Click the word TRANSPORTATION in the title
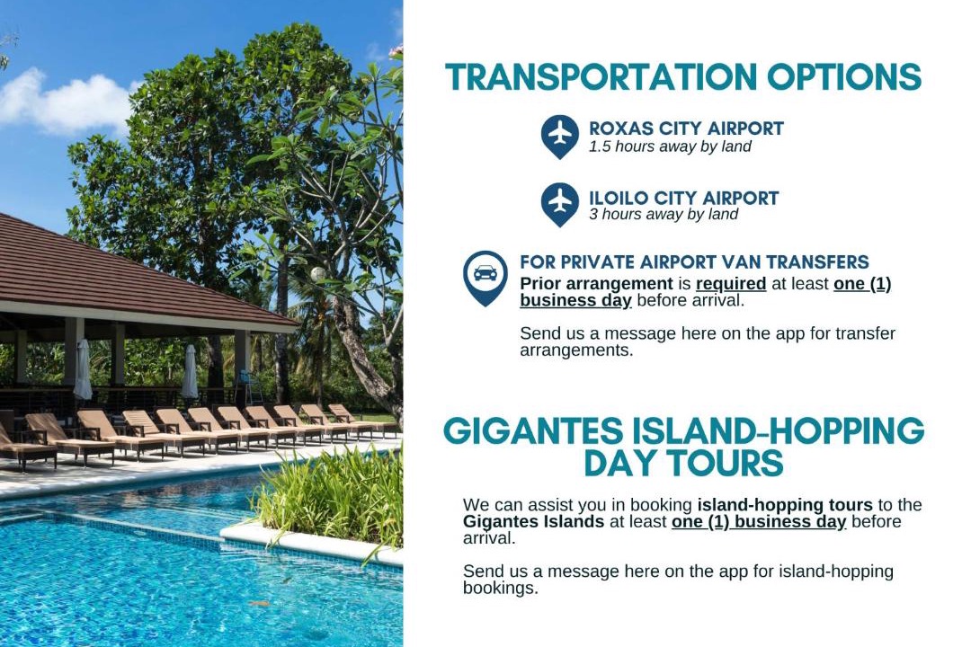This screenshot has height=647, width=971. tap(601, 76)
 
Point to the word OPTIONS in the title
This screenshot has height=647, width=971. tap(844, 76)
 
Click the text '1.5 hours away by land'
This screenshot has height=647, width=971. tap(670, 146)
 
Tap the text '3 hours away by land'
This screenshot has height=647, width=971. tap(664, 214)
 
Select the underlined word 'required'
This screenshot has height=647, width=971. tap(731, 284)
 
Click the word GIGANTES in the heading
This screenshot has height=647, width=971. tap(533, 430)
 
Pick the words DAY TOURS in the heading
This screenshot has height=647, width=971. tap(683, 463)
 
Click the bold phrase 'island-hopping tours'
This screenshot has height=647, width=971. tap(785, 505)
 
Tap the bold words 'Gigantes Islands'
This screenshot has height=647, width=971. tap(533, 521)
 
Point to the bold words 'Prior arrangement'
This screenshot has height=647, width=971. tap(596, 284)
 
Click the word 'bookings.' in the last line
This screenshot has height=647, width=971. tap(501, 589)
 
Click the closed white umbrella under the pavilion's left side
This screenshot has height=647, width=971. tap(83, 369)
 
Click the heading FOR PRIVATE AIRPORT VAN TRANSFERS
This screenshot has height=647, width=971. tap(694, 261)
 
